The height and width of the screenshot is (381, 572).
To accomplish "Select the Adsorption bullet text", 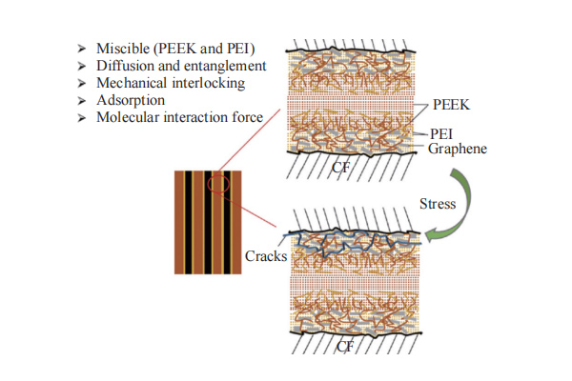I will coord(132,100).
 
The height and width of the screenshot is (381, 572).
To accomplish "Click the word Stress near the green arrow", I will coord(438,203).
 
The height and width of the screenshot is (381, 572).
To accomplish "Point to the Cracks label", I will coord(266,255).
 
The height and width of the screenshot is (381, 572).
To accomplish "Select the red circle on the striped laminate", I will coord(220,182).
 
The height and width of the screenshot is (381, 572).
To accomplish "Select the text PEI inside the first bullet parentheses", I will coord(236,49).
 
